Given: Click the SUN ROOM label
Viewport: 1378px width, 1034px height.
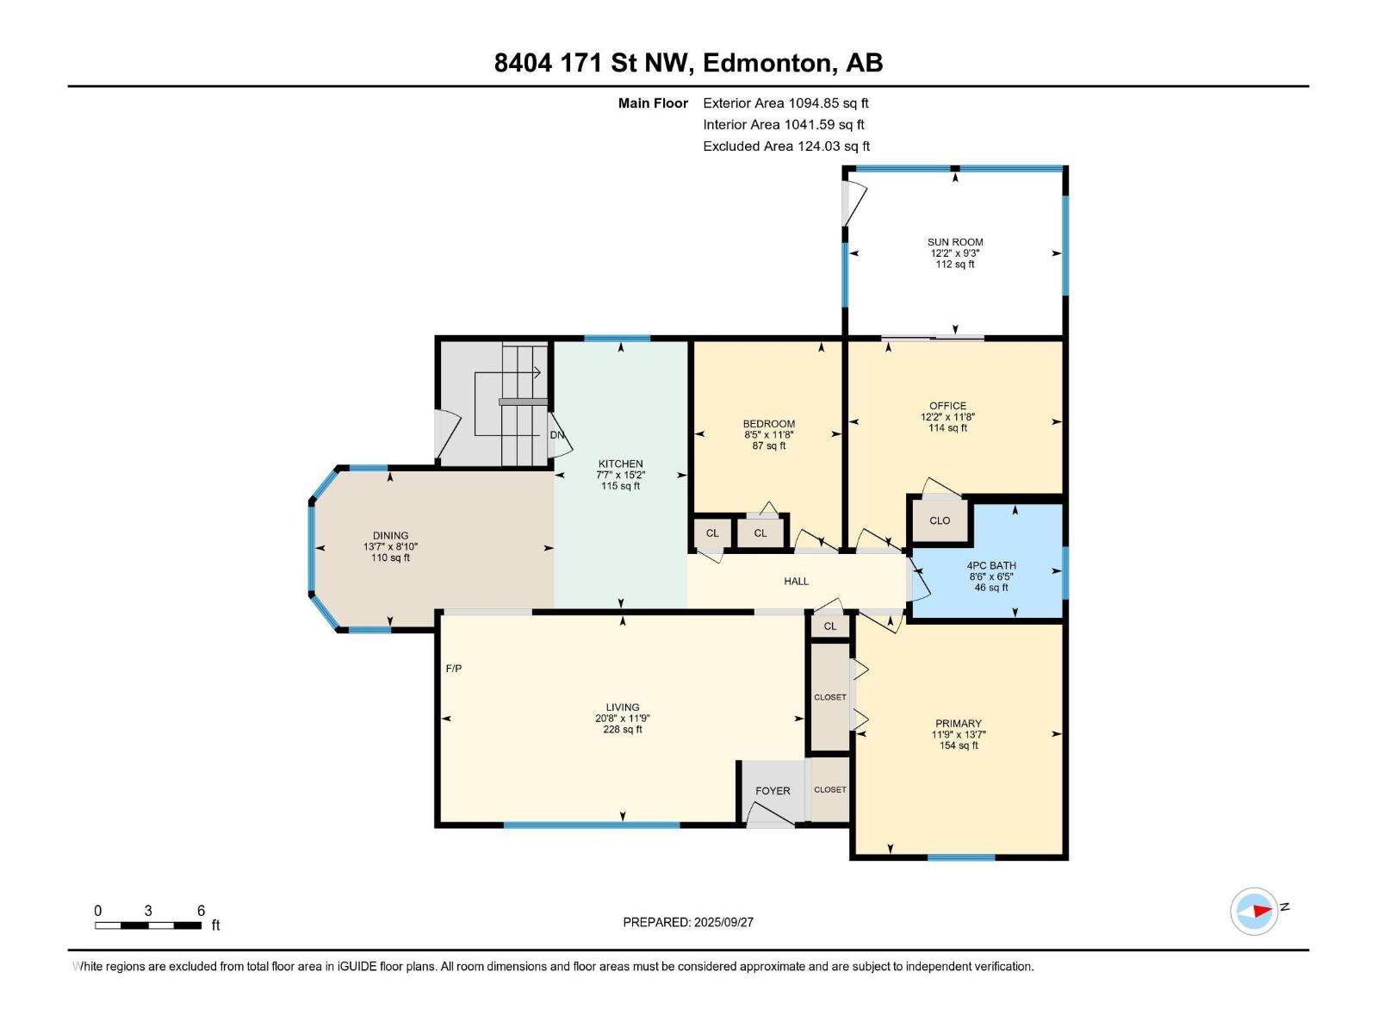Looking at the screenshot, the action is (955, 242).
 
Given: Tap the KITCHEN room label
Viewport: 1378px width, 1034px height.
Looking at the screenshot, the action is (620, 464).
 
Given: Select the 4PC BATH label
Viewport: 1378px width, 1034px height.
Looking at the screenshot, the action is (991, 565).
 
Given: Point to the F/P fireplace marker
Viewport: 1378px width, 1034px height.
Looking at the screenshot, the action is (454, 669).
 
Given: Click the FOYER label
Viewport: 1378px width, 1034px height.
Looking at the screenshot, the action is (773, 791).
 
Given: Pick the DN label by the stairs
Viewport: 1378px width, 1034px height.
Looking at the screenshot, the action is (557, 435).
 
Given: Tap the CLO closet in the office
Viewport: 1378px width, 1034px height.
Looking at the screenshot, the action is (940, 520).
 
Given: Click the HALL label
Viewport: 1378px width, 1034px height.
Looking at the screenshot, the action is (796, 582).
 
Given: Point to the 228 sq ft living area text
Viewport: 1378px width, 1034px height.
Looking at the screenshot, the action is (622, 730).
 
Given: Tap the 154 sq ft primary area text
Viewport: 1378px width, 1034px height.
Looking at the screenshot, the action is (959, 746).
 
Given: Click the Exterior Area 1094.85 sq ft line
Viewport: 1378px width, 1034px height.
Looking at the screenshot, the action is (785, 103).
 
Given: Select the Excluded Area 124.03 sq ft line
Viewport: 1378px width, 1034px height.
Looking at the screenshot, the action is (786, 146).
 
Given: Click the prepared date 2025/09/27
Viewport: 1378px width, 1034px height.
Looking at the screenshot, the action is (723, 922).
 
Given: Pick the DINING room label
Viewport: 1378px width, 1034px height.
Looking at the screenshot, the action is (390, 535).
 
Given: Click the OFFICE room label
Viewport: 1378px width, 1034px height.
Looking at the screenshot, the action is (947, 406).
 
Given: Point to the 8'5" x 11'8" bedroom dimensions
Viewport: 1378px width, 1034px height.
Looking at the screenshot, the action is (768, 434).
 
